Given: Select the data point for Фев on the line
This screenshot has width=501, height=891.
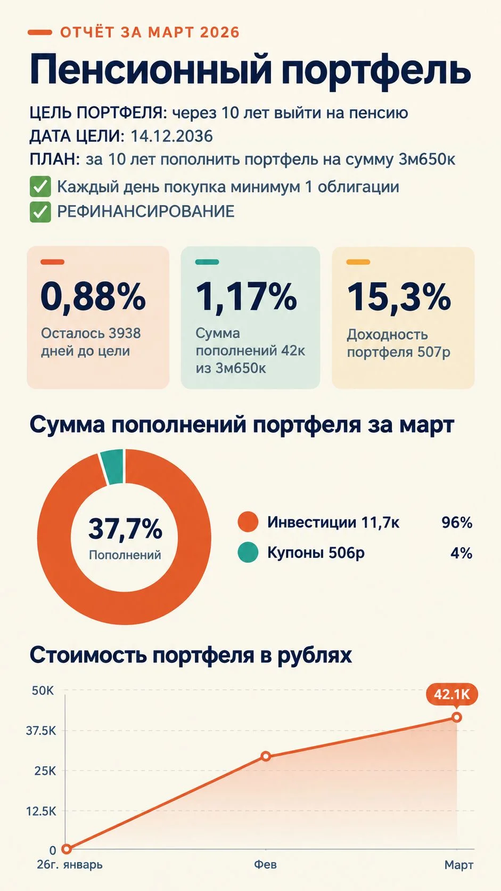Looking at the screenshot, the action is [266, 756].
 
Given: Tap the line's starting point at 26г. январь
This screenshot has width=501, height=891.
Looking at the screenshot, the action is [67, 849].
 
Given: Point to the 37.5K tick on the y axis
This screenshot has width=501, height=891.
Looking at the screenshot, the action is [42, 731].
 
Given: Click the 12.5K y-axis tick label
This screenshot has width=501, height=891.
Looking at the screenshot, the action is [42, 811].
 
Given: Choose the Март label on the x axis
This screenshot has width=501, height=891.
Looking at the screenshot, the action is [459, 865].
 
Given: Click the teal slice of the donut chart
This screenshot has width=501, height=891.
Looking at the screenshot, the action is [112, 467].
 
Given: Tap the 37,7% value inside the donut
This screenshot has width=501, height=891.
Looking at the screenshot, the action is [125, 529].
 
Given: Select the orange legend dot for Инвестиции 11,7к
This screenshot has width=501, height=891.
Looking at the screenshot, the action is [248, 522].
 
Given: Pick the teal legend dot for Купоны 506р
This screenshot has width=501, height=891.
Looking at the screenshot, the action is [248, 553].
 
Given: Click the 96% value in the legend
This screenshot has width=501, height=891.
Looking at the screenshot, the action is [457, 522].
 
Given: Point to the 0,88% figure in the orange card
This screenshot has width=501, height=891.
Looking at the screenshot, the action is [93, 296].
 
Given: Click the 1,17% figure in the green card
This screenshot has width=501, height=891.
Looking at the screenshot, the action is [247, 296].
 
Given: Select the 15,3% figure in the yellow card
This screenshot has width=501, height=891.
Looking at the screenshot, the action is [399, 296].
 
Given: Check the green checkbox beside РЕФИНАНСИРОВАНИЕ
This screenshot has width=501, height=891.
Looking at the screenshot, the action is [40, 212].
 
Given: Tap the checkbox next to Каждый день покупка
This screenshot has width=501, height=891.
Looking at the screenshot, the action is [40, 187].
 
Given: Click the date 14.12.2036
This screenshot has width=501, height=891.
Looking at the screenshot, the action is [171, 136].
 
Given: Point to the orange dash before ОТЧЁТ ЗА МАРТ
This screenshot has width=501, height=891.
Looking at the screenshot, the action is [40, 33].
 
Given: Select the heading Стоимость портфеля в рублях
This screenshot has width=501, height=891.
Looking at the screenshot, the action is [191, 655].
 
